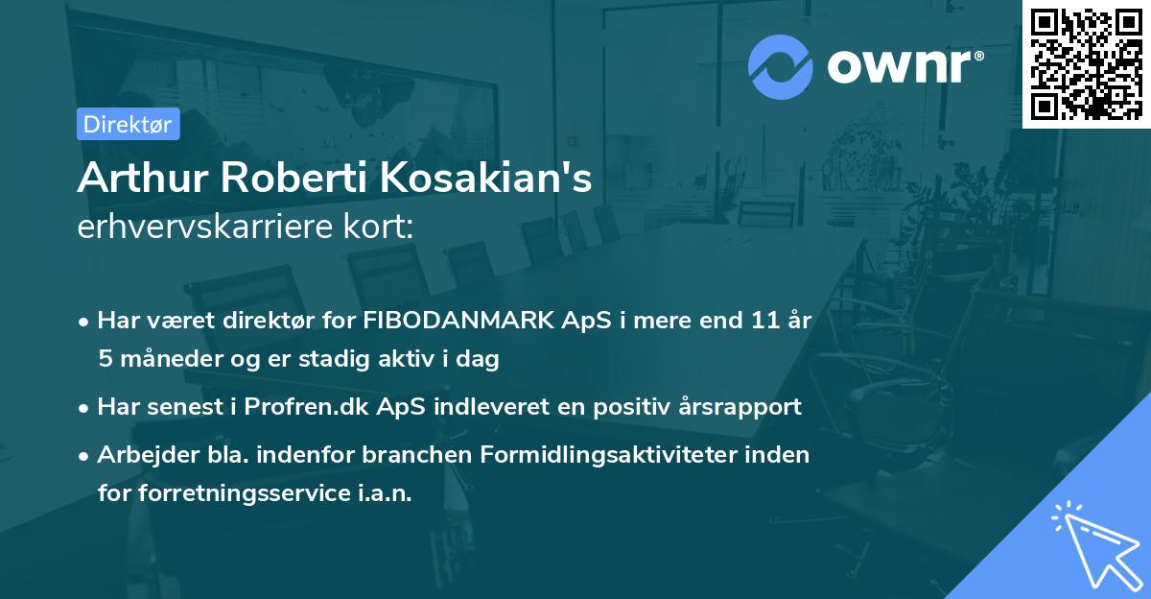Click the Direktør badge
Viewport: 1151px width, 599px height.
click(x=128, y=124)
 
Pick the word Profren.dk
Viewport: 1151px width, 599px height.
click(x=296, y=406)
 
